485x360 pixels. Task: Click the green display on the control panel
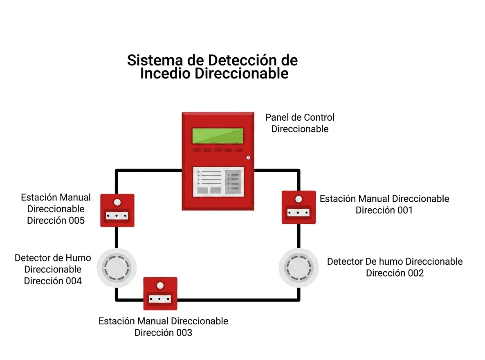(x=218, y=135)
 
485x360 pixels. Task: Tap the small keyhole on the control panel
(x=248, y=157)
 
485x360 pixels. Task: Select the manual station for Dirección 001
(x=299, y=207)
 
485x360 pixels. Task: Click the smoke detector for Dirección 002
(x=299, y=268)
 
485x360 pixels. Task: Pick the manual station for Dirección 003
(x=160, y=293)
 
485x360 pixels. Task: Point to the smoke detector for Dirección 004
(x=117, y=268)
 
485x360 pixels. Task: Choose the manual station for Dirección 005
(x=117, y=210)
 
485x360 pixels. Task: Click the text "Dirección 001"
(x=384, y=210)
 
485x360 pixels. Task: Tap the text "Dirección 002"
(x=395, y=273)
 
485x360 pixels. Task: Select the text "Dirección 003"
(x=163, y=333)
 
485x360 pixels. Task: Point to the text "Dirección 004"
(x=53, y=281)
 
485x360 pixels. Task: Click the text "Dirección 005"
(x=56, y=220)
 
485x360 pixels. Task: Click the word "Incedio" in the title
(x=165, y=74)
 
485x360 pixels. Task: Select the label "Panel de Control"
(x=300, y=117)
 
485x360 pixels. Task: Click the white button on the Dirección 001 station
(x=299, y=199)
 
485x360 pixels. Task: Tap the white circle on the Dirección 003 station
(x=160, y=286)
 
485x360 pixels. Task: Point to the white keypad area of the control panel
(x=218, y=182)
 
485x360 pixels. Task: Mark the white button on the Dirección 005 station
(x=117, y=202)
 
